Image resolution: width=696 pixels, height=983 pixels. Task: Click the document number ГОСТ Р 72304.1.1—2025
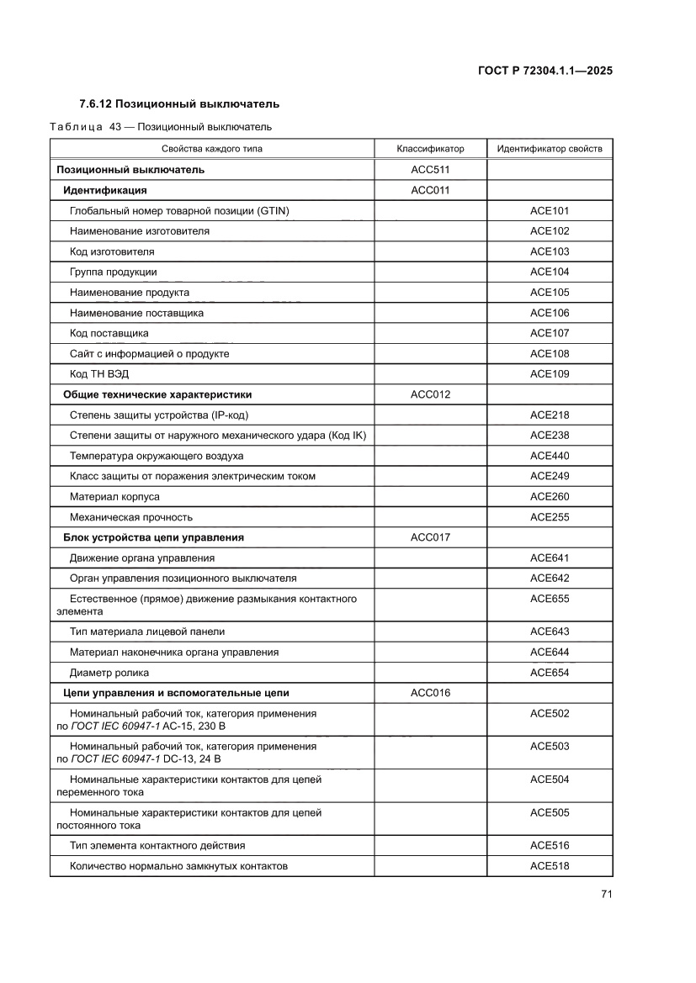[544, 71]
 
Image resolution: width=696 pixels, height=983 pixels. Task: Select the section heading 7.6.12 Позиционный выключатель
[178, 104]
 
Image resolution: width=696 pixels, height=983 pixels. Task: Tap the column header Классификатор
[430, 149]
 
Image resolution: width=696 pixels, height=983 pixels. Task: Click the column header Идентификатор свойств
[550, 149]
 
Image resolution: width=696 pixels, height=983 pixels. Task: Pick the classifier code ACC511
[430, 170]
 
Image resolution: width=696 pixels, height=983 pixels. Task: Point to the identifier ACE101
[550, 211]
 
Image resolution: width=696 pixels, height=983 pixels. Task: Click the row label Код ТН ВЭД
[99, 374]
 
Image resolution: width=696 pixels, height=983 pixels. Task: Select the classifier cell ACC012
[430, 394]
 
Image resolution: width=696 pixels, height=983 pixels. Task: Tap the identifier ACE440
[550, 456]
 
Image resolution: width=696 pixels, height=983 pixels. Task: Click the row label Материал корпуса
[114, 497]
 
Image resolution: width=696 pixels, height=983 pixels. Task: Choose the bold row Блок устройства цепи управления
[154, 537]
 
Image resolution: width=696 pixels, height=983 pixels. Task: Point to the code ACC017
[430, 537]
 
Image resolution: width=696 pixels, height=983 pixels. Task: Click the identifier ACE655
[550, 599]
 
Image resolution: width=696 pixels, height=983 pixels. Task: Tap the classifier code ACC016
[430, 693]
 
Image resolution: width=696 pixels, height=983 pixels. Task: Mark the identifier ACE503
[550, 747]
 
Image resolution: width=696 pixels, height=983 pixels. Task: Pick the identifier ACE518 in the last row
[550, 866]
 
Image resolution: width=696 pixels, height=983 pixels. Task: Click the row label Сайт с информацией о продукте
[149, 354]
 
